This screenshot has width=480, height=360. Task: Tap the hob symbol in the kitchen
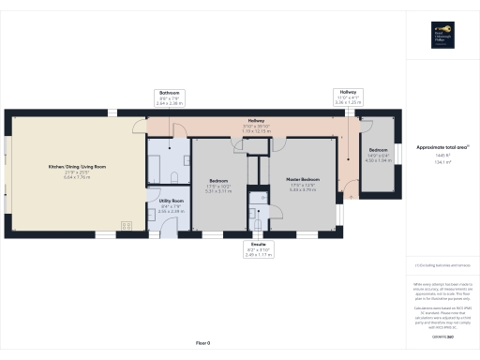[125, 224]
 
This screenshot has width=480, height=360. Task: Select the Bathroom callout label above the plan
[170, 98]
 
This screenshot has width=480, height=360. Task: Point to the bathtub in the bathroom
[156, 160]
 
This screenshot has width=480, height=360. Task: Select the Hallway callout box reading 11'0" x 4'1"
[347, 98]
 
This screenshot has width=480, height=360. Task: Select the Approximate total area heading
[442, 147]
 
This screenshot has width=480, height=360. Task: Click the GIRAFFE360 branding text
[442, 335]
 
